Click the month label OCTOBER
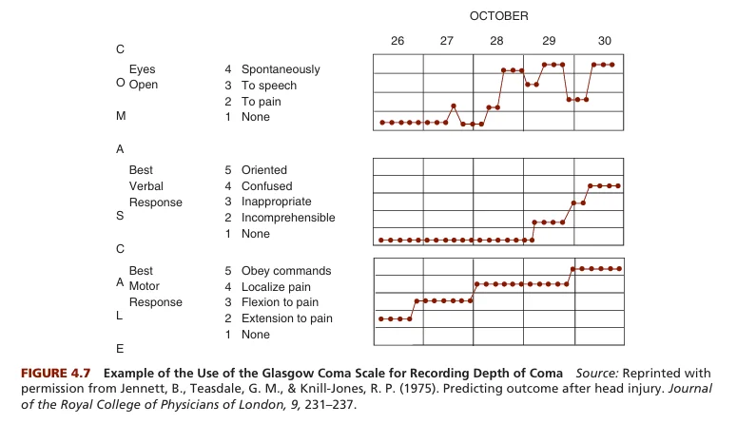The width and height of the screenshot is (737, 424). click(x=499, y=16)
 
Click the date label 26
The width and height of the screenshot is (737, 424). click(x=397, y=41)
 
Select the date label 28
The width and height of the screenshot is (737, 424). click(x=497, y=41)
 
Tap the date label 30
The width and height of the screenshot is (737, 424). click(x=605, y=41)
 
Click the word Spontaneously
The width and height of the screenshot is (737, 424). click(x=281, y=69)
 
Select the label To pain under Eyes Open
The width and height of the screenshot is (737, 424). click(x=262, y=102)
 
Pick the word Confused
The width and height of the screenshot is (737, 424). click(x=267, y=186)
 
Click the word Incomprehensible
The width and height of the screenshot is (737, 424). click(x=288, y=218)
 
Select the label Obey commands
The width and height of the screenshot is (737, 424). click(x=286, y=271)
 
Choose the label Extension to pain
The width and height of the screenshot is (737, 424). click(x=287, y=318)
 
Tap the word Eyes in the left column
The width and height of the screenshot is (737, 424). click(x=142, y=69)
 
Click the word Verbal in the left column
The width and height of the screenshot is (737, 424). click(x=145, y=186)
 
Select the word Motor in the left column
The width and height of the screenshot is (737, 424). click(x=145, y=287)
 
